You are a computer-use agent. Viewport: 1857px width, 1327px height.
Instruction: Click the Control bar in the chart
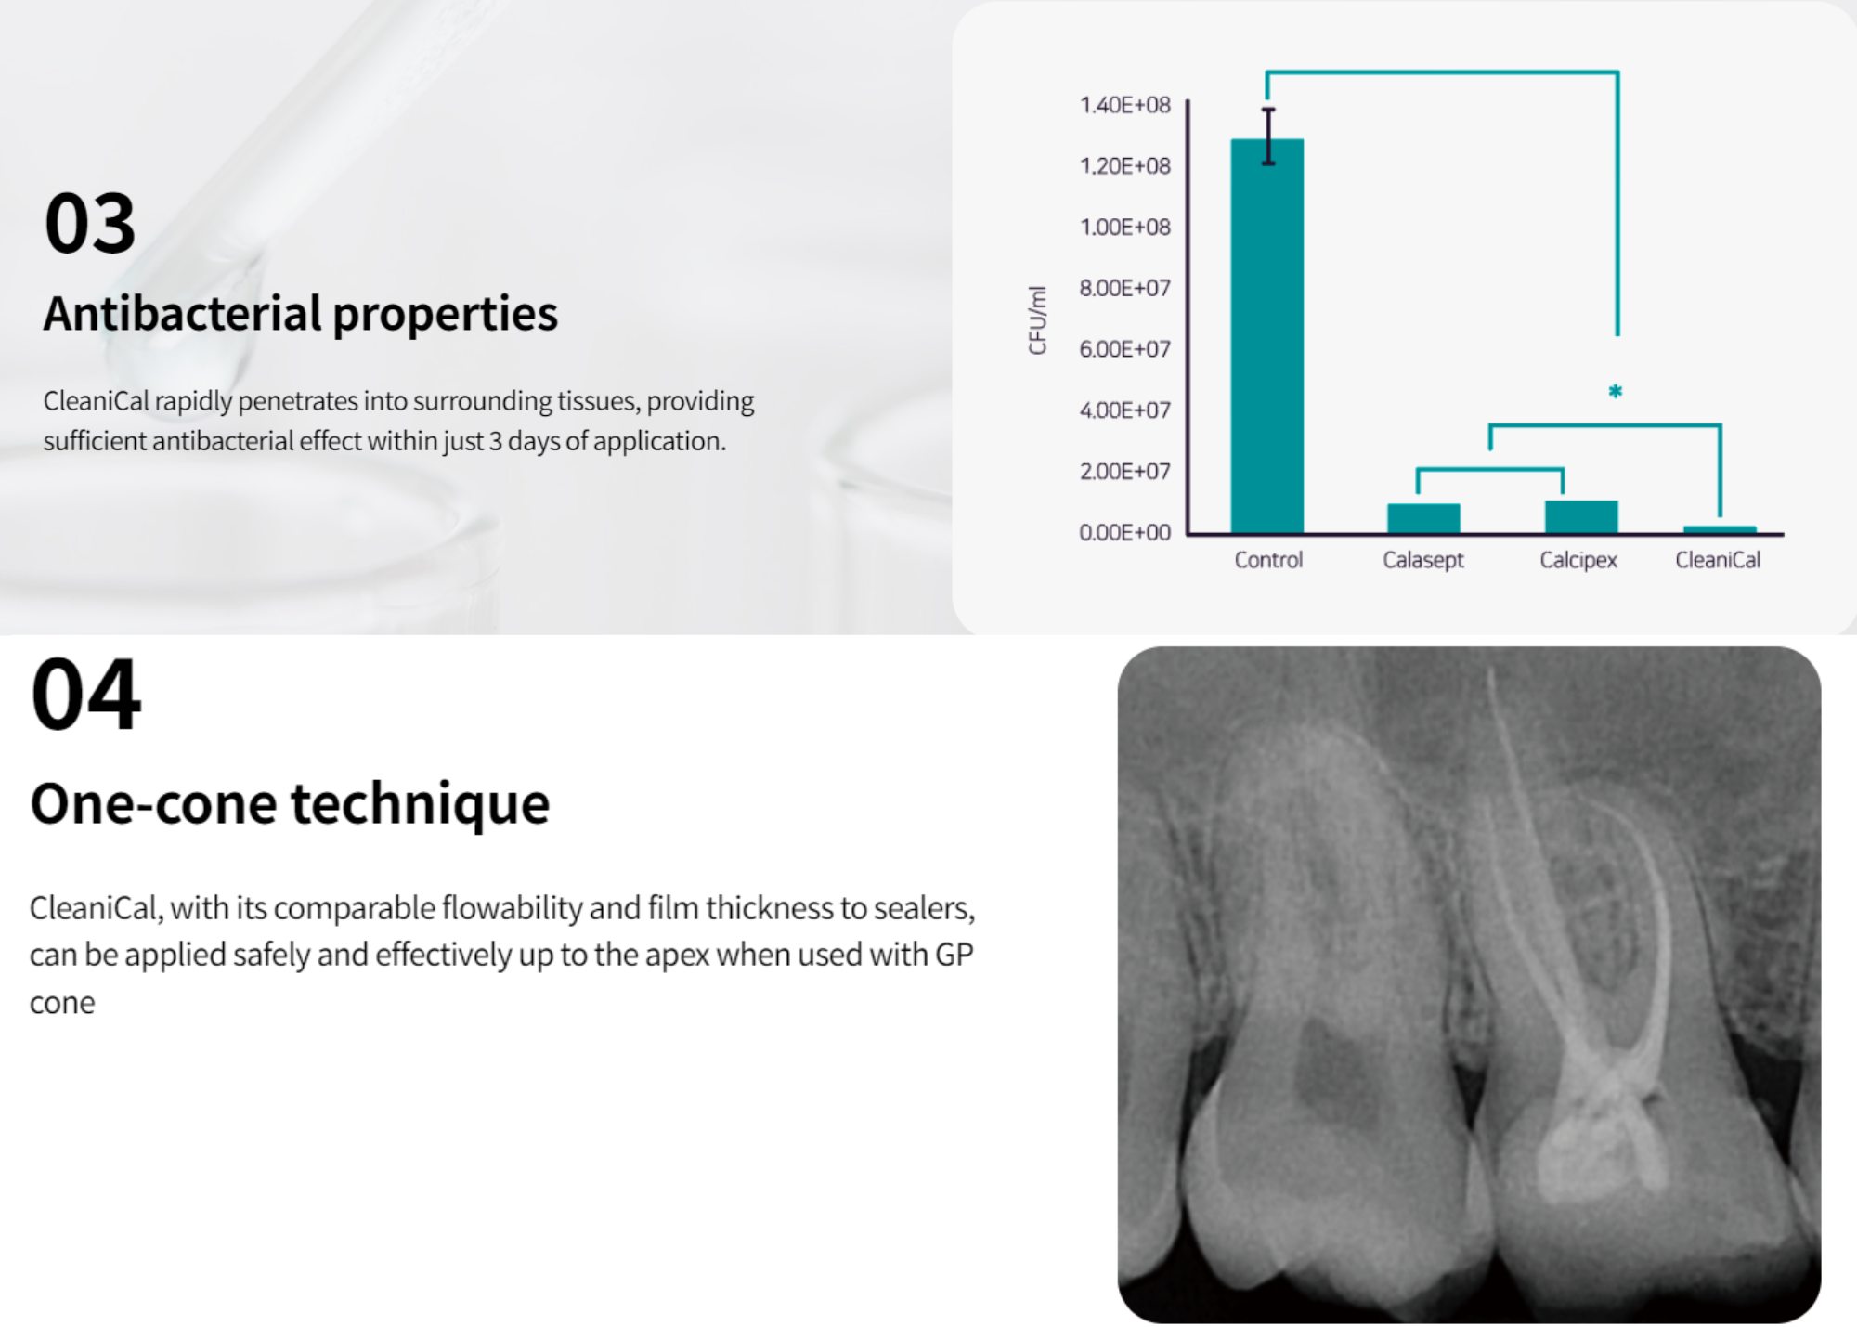click(1267, 336)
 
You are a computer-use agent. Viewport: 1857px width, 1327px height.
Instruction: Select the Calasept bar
click(1423, 519)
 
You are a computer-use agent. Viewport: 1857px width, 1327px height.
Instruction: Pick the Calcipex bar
click(1581, 517)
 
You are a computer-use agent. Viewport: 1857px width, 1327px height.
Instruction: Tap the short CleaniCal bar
click(1720, 530)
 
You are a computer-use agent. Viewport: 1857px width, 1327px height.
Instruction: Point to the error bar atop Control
click(1268, 137)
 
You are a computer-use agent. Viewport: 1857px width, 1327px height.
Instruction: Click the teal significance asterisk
click(1616, 392)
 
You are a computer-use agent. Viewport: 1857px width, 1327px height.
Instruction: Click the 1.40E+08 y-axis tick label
click(1125, 105)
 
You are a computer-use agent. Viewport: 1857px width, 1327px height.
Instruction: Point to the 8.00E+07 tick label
click(1125, 288)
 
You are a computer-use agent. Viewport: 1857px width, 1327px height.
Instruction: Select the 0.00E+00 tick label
click(1125, 532)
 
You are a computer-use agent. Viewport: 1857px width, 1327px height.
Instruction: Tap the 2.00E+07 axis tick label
click(1125, 471)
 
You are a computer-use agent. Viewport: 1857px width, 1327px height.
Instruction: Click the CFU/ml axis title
click(1037, 320)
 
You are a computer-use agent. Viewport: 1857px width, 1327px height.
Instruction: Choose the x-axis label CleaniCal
click(1718, 560)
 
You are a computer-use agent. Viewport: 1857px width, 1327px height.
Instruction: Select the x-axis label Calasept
click(1423, 560)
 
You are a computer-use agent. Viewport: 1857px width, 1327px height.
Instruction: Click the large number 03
click(90, 223)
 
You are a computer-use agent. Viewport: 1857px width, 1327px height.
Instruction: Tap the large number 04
click(86, 694)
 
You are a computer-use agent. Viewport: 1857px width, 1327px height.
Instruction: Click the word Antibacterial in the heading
click(183, 313)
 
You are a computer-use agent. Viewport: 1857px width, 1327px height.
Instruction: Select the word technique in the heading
click(420, 803)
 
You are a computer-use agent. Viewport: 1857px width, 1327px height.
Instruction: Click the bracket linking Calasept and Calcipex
click(1490, 470)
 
